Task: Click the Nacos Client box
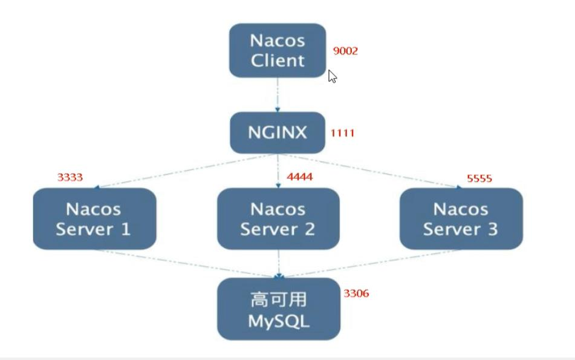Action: point(277,50)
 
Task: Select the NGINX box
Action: point(277,133)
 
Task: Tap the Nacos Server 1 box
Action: point(94,218)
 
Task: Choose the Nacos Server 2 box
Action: point(278,218)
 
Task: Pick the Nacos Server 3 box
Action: point(461,218)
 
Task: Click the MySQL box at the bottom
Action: point(278,309)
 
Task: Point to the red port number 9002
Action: point(345,51)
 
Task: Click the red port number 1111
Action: point(342,133)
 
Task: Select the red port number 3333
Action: point(70,177)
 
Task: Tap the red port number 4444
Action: point(300,177)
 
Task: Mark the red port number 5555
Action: point(479,178)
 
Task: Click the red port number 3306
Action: point(356,293)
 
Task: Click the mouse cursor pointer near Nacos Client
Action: point(332,76)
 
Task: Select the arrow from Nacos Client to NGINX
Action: point(278,94)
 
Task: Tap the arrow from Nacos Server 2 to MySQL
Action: point(278,263)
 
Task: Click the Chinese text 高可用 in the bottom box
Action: point(278,299)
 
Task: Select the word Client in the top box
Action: point(278,61)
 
